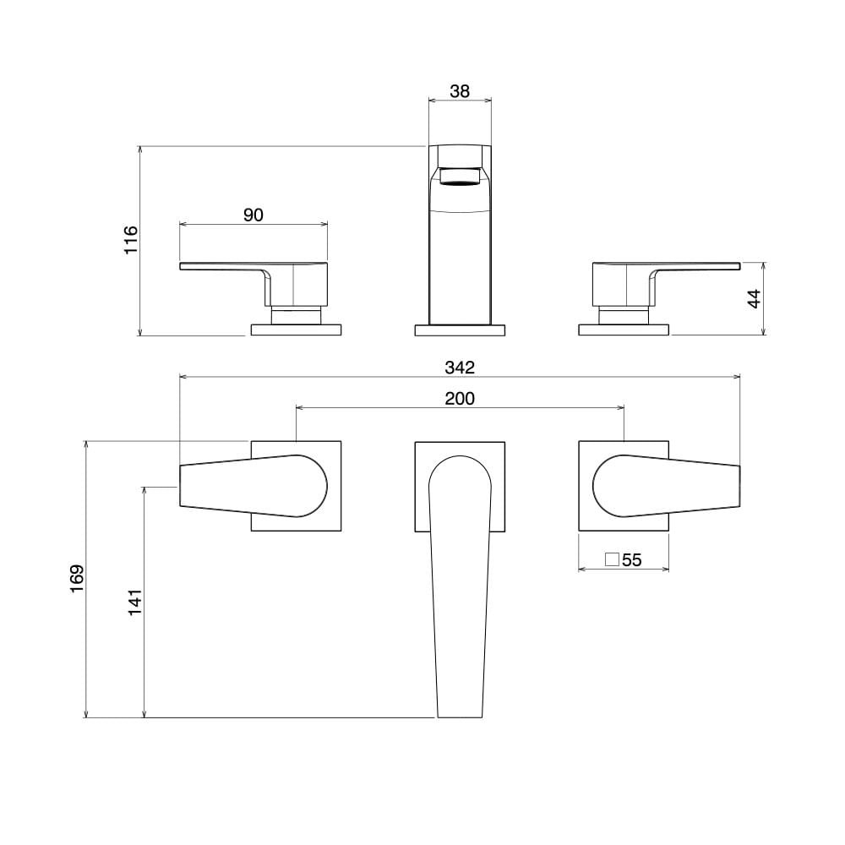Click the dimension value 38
[460, 91]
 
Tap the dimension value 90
[253, 215]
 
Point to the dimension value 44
[754, 298]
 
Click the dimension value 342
[460, 368]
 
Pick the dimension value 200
[460, 398]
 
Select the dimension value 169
[77, 579]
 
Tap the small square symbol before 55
[613, 559]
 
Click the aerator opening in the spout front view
[460, 177]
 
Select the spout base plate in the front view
[460, 330]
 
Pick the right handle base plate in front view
[624, 330]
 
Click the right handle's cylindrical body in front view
[621, 284]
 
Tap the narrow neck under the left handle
[297, 314]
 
